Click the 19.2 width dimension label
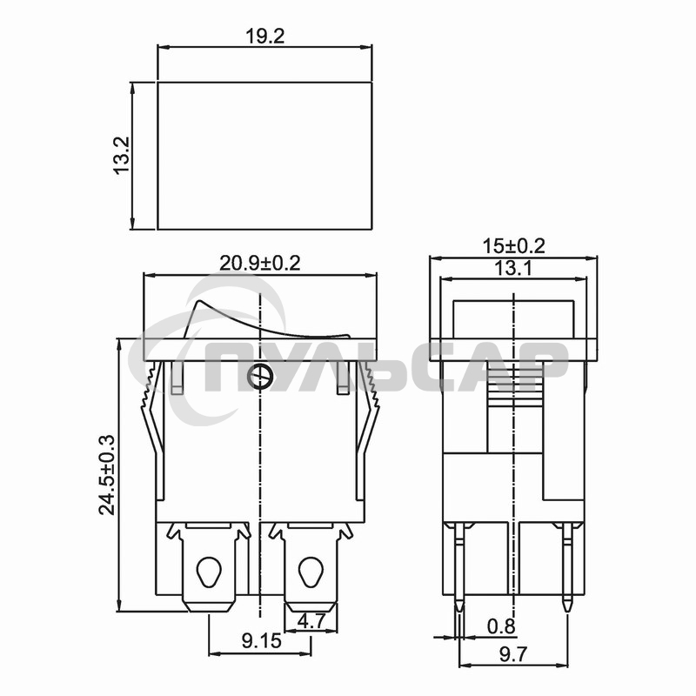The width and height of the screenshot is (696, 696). [264, 37]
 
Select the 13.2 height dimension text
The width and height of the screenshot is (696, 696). [121, 155]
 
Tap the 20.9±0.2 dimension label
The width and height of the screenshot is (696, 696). [259, 264]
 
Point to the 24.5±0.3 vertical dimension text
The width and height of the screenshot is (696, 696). [106, 474]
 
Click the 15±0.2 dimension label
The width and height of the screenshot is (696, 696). [513, 246]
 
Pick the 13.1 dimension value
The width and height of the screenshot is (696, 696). [513, 268]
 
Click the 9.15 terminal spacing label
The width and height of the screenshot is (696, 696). [262, 640]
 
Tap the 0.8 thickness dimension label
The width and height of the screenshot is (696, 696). [501, 626]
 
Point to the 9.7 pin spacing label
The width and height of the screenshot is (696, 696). [513, 654]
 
